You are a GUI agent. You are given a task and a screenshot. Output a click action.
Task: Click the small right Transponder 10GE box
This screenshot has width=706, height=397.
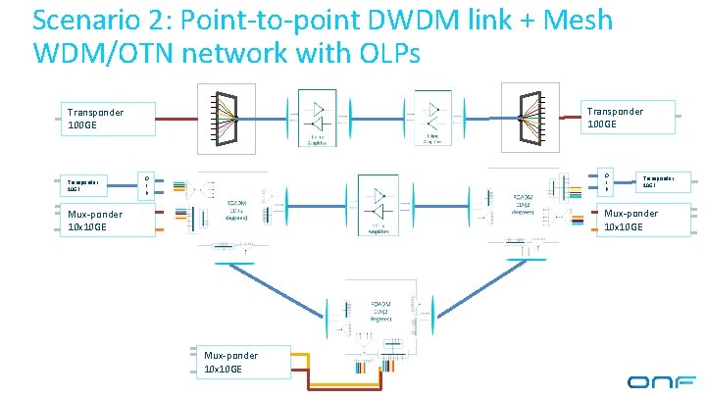click(658, 181)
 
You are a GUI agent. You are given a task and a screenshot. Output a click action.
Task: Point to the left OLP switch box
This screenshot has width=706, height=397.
click(146, 184)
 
